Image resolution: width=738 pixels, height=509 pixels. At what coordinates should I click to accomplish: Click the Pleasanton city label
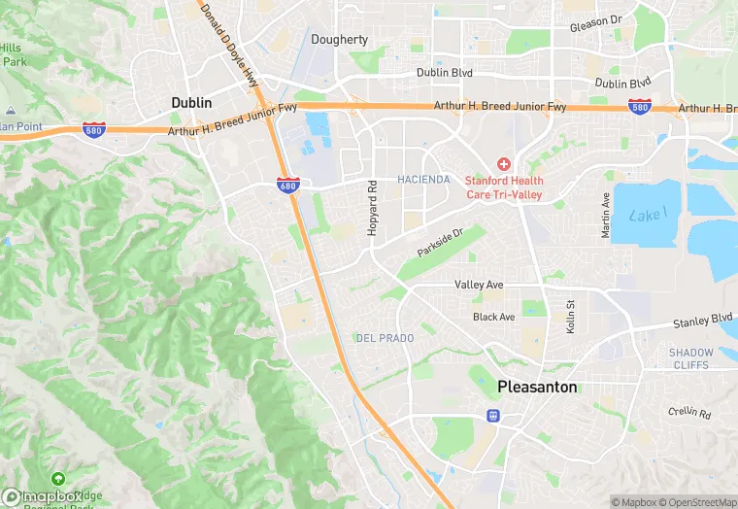pos(537,387)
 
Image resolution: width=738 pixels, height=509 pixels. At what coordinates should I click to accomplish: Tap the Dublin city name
pos(191,102)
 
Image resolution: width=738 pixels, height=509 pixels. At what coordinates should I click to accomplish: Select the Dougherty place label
pos(340,40)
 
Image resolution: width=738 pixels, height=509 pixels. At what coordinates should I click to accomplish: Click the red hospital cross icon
pos(504,164)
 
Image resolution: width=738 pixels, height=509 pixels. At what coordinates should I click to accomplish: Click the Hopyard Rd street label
pos(372,207)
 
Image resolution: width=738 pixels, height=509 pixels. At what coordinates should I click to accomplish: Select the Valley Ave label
pos(479,285)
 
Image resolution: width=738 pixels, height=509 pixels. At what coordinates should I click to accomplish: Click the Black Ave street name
pos(493,318)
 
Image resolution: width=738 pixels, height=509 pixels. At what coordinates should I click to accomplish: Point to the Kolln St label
pos(571,316)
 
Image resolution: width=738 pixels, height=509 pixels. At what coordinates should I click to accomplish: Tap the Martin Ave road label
pos(606,216)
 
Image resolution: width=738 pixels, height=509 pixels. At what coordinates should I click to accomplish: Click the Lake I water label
pos(648,214)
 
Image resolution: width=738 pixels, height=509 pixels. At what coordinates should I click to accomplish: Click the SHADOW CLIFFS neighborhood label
pos(691,359)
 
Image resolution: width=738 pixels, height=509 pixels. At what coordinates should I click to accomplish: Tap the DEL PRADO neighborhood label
pos(385,338)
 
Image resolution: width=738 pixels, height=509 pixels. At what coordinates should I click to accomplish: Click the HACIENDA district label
pos(423,180)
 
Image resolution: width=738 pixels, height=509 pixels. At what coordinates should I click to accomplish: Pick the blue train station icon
pos(493,416)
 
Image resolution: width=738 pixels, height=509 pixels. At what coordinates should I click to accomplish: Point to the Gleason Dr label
pos(596,21)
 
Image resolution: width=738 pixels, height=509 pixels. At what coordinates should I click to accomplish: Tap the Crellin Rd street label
pos(690,412)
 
